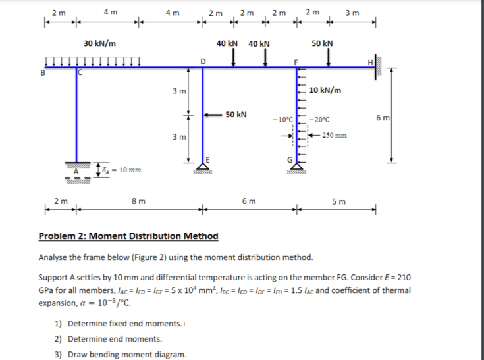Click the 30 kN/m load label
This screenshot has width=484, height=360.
101,44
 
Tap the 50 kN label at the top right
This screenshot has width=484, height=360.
322,44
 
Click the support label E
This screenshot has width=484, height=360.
208,159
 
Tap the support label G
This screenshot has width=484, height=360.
288,158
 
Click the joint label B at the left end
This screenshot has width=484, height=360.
43,73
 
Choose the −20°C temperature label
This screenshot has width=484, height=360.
321,120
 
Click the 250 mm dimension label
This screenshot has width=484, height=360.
335,136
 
